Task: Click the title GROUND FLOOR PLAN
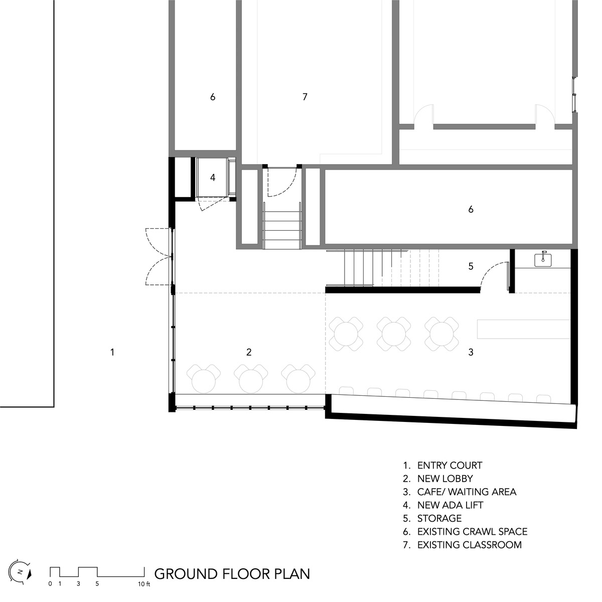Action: [232, 573]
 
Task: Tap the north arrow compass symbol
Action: [23, 571]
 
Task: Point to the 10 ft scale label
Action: [144, 584]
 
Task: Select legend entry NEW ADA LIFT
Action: [450, 505]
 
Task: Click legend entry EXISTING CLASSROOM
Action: [469, 545]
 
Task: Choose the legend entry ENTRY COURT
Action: [449, 466]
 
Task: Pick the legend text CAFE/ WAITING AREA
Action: [467, 492]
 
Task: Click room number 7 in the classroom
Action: [305, 97]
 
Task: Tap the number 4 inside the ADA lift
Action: [213, 178]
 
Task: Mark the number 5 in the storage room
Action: [471, 266]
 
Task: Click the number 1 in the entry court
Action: [112, 352]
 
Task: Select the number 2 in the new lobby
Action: [249, 352]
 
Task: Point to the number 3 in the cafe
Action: [471, 352]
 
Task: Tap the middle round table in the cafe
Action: [394, 333]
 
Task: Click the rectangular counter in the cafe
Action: [523, 329]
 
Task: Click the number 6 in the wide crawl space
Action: [471, 209]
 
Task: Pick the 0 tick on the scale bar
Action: [50, 584]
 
